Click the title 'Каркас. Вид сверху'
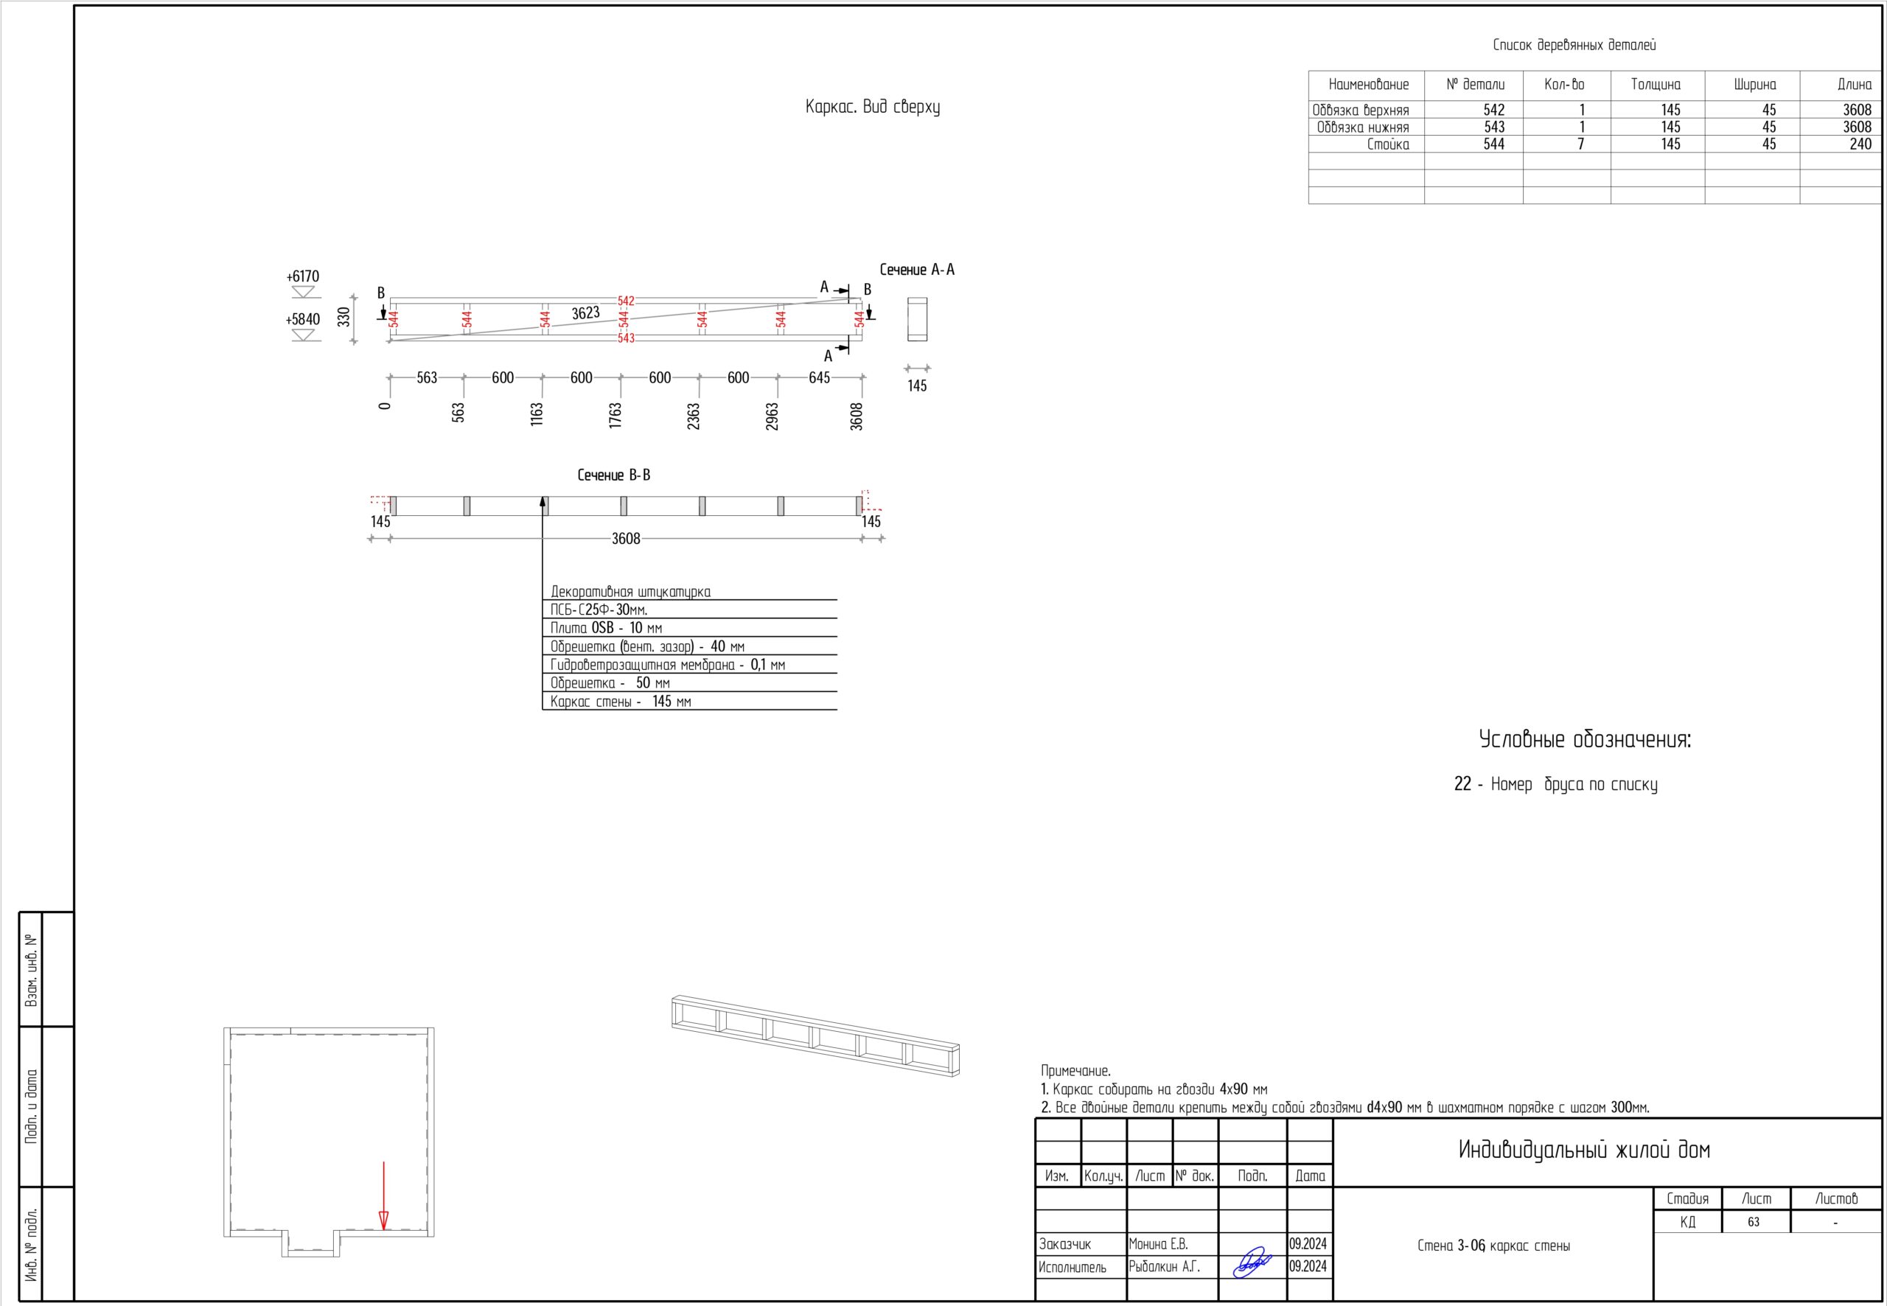coord(872,107)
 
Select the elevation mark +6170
coord(303,276)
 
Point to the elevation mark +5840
coord(303,319)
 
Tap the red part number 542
coord(626,301)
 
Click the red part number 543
coord(626,338)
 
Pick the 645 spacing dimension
coord(819,378)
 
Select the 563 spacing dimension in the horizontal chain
coord(427,378)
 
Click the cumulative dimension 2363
coord(693,416)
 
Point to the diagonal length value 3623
coord(586,313)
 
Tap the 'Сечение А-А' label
coord(917,270)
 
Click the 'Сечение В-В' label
coord(614,475)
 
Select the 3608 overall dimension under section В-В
coord(626,539)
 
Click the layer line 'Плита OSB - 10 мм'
coord(607,629)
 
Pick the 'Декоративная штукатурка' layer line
coord(630,592)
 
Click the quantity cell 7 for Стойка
coord(1581,144)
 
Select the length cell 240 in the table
coord(1860,144)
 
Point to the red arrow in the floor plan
coord(384,1195)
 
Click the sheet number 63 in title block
coord(1754,1222)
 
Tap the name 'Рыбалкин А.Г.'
coord(1165,1267)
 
